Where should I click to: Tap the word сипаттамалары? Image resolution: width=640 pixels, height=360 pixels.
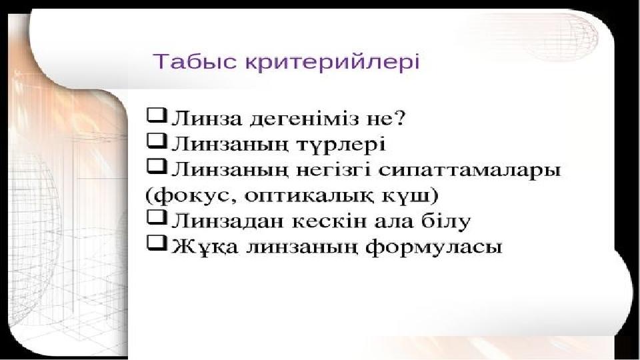(x=470, y=171)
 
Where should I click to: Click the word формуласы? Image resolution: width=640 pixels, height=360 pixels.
(x=433, y=247)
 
